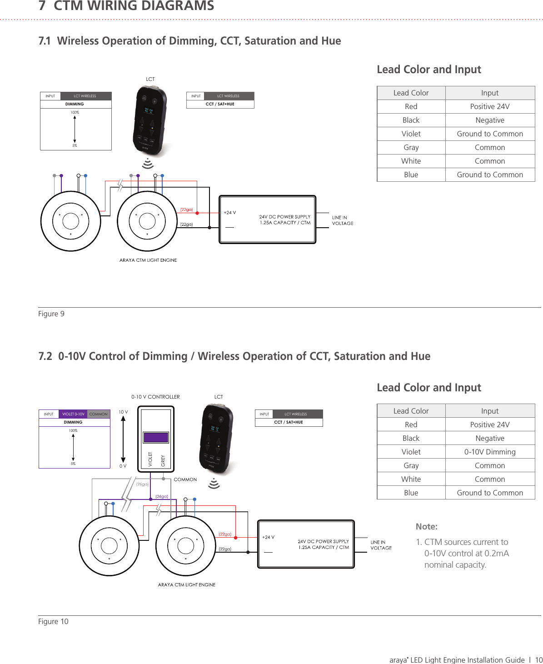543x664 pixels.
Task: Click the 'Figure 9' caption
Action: pos(51,314)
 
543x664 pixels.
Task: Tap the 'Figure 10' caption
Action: pos(53,621)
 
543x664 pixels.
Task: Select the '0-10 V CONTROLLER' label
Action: pos(155,397)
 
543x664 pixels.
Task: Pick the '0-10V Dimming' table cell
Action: pos(489,452)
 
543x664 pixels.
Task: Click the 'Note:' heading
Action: pos(426,526)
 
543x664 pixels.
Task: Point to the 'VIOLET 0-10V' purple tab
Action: pos(73,414)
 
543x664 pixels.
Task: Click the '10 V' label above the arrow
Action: pos(123,412)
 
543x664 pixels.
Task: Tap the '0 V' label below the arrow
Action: pos(123,466)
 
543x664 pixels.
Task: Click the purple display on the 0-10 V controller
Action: pos(156,437)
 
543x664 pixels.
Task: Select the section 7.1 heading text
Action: pos(189,41)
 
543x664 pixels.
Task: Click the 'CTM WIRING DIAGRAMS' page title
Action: pos(134,6)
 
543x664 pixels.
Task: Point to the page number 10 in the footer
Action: pos(538,660)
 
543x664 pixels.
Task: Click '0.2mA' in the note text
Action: pos(496,553)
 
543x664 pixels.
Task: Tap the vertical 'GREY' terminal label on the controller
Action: pos(163,460)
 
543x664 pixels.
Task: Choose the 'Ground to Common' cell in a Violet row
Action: pos(489,134)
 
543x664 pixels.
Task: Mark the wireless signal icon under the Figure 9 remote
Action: pos(148,163)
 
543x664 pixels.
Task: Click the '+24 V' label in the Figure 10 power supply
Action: pos(268,537)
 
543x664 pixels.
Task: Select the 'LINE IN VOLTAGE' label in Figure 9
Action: pos(342,220)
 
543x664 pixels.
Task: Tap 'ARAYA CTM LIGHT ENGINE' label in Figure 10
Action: pos(186,584)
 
